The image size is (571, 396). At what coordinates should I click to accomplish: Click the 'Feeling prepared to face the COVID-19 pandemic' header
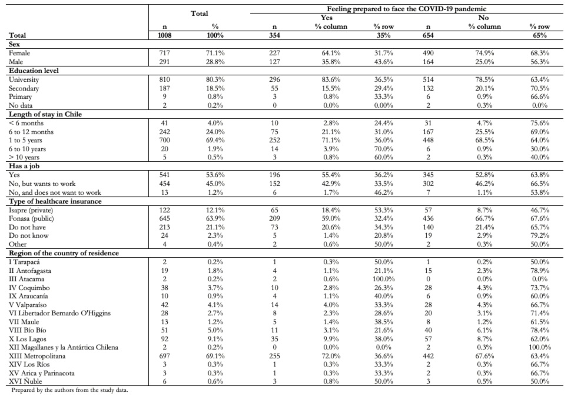pyautogui.click(x=406, y=9)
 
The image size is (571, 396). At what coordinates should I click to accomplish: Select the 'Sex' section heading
pyautogui.click(x=14, y=44)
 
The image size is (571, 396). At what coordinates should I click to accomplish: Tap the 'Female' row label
pyautogui.click(x=19, y=53)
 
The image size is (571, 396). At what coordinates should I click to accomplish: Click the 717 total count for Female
pyautogui.click(x=165, y=53)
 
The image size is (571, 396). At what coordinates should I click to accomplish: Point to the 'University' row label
pyautogui.click(x=24, y=79)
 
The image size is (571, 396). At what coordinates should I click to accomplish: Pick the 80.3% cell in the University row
pyautogui.click(x=215, y=79)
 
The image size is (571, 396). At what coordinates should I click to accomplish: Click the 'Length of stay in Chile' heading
pyautogui.click(x=45, y=114)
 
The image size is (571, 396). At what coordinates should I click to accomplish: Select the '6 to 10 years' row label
pyautogui.click(x=27, y=149)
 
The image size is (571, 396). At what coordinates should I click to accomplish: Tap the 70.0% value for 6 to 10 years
pyautogui.click(x=383, y=149)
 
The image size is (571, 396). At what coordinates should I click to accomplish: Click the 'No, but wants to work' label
pyautogui.click(x=42, y=184)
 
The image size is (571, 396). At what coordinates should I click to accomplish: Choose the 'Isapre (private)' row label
pyautogui.click(x=31, y=210)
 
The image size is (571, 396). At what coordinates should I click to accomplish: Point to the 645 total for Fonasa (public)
pyautogui.click(x=165, y=218)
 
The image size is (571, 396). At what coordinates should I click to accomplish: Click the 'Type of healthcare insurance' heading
pyautogui.click(x=55, y=201)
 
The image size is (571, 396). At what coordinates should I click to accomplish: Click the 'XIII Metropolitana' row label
pyautogui.click(x=37, y=356)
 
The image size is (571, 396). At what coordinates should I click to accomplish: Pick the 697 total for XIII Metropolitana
pyautogui.click(x=165, y=356)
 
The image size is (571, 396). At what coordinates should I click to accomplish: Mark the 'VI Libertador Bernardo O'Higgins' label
pyautogui.click(x=59, y=313)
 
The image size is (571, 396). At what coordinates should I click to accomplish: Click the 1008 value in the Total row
pyautogui.click(x=165, y=35)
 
